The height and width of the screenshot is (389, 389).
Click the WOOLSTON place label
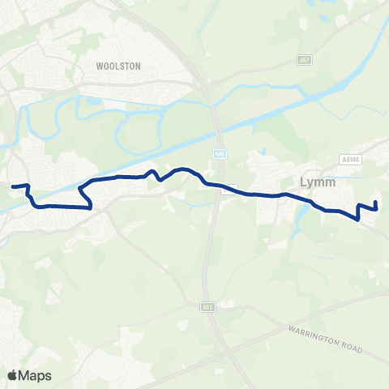[x=118, y=65]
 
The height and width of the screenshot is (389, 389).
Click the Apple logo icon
[x=13, y=375]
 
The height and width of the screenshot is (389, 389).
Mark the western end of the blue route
[x=12, y=186]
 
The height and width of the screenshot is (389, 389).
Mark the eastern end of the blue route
[x=376, y=202]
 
